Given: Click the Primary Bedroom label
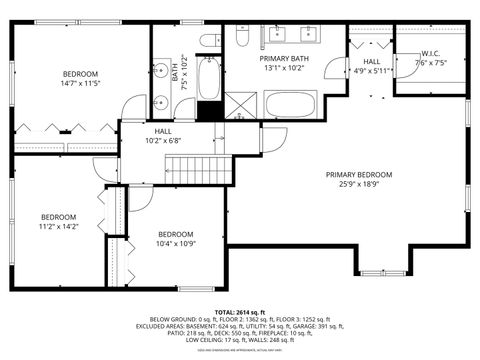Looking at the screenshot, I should tap(358, 174).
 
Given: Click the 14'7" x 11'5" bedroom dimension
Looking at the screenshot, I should tap(80, 84).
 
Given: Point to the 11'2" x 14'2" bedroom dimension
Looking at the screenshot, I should tap(58, 227).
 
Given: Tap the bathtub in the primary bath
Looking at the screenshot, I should tap(291, 104).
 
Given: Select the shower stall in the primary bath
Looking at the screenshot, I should tap(240, 107).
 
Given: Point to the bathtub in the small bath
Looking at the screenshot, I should tap(209, 77).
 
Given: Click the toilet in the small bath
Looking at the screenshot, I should tap(209, 41).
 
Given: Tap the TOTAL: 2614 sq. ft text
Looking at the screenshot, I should tap(240, 311).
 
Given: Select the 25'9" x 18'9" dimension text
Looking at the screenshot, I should tap(358, 184).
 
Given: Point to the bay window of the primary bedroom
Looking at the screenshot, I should tap(383, 271).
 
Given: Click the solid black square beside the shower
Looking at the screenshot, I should tap(209, 111).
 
